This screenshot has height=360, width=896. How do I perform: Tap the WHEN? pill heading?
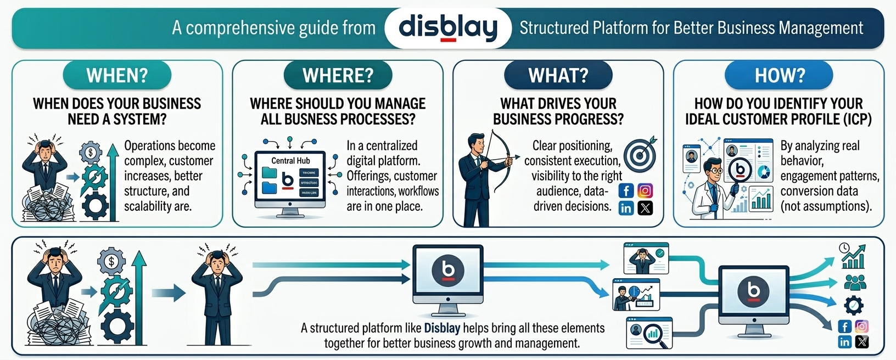click(x=117, y=75)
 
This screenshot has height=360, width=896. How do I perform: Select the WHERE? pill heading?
click(x=338, y=75)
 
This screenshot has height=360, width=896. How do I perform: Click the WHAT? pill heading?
click(x=558, y=75)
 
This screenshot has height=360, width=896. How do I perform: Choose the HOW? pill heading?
click(x=779, y=75)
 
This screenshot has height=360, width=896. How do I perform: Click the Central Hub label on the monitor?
click(x=290, y=161)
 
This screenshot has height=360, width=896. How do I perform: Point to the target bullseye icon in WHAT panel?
click(x=640, y=155)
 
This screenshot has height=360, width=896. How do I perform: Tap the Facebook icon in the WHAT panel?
click(x=626, y=190)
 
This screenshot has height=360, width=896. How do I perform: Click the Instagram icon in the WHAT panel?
click(x=646, y=190)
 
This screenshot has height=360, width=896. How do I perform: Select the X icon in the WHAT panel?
click(x=646, y=208)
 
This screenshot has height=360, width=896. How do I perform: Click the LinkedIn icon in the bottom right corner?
click(x=845, y=342)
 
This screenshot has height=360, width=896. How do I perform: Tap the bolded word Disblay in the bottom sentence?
click(x=442, y=328)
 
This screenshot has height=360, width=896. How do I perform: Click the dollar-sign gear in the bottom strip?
click(x=111, y=262)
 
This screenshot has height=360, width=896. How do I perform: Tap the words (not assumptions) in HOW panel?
click(x=826, y=206)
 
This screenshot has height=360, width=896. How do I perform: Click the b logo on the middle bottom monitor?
click(x=448, y=270)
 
